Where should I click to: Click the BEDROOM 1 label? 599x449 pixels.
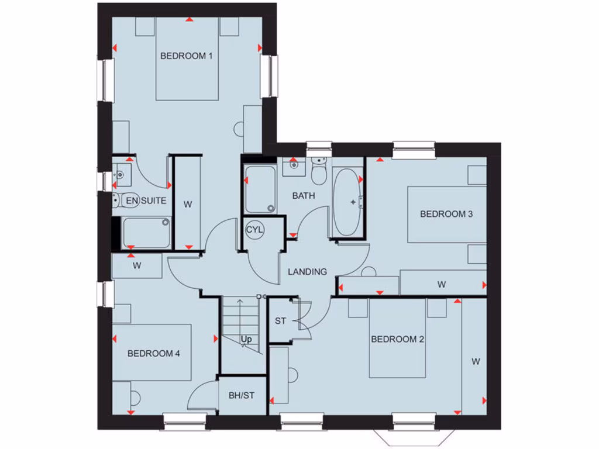pos(186,56)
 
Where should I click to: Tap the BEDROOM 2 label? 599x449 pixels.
pos(397,339)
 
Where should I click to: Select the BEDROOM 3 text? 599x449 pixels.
pos(446,214)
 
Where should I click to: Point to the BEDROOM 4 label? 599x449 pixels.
pos(154,353)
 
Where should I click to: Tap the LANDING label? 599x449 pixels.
pos(307,272)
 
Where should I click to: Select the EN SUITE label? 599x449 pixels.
pos(146,201)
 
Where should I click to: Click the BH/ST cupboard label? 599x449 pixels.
pos(241,395)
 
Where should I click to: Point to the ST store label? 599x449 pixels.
pos(281,320)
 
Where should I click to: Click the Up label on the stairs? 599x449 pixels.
pos(246,339)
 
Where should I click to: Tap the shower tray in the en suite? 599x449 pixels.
pos(146,232)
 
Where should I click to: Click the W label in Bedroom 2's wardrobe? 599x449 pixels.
pos(476,362)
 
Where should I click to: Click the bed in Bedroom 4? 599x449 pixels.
pos(153,353)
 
